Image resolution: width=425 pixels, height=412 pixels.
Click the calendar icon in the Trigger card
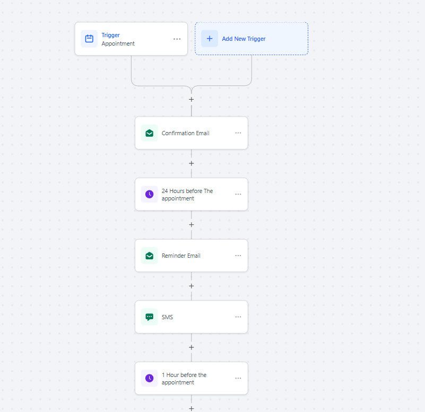tap(89, 39)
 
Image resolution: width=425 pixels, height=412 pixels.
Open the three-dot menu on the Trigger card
tap(177, 39)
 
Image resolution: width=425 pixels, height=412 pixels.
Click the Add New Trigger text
tap(244, 39)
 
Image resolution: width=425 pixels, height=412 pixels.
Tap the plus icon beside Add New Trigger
tap(210, 39)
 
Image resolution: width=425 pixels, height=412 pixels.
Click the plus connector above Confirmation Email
tap(192, 99)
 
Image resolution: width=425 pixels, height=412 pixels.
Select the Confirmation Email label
tap(185, 133)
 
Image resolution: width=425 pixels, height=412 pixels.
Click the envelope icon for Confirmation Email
tap(149, 133)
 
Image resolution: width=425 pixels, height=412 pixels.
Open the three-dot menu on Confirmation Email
tap(238, 133)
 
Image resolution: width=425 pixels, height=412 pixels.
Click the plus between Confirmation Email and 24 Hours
tap(192, 163)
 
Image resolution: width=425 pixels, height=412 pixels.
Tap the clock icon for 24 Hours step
tap(149, 194)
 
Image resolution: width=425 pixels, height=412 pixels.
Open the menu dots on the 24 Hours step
tap(238, 194)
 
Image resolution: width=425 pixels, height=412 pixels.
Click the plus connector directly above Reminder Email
tap(192, 224)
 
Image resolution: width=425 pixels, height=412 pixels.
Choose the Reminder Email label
tap(181, 256)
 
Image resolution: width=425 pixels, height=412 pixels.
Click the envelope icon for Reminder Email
tap(149, 256)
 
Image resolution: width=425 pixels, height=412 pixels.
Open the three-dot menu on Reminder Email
tap(238, 256)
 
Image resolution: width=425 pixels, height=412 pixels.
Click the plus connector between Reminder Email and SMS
tap(192, 286)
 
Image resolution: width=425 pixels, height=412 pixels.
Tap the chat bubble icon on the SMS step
tap(149, 317)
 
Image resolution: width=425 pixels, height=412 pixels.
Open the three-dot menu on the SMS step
tap(238, 317)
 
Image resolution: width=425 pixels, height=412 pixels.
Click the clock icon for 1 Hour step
tap(149, 378)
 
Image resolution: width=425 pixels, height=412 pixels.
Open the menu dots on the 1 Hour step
tap(238, 378)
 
